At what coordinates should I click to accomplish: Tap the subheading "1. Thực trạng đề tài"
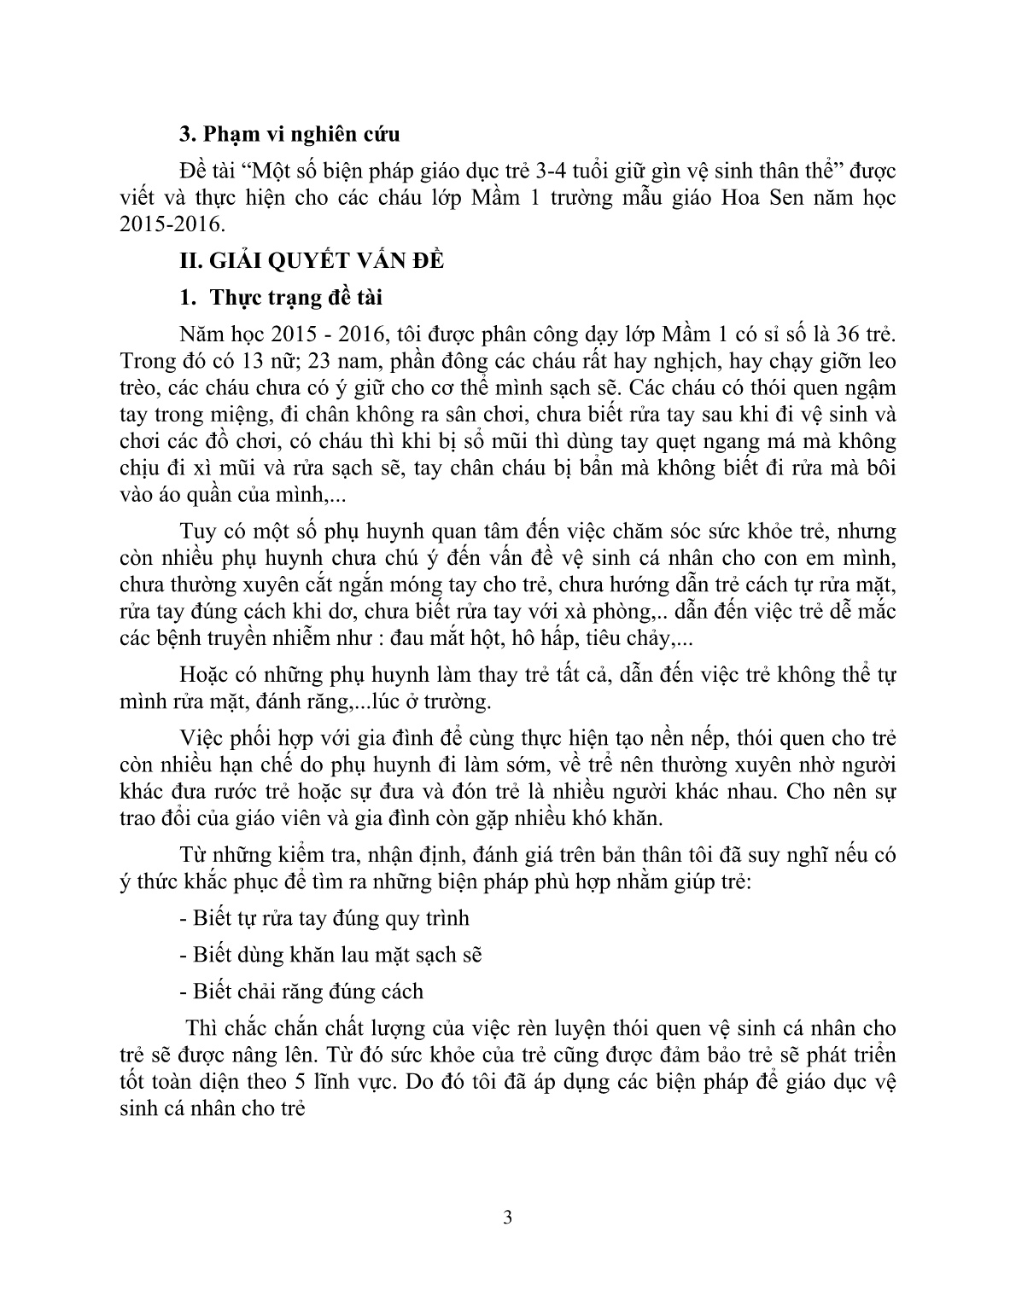(281, 298)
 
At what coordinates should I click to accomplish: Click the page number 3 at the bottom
(508, 1217)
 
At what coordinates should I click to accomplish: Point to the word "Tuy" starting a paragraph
(197, 531)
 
